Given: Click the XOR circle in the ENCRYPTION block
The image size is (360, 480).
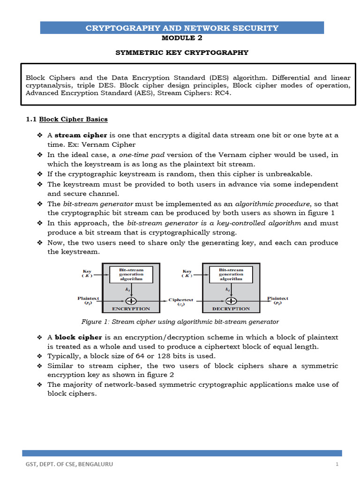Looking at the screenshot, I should (x=132, y=300).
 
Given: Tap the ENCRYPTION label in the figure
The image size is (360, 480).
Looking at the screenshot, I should (x=131, y=309).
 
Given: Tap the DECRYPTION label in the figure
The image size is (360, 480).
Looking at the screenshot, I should (x=231, y=309).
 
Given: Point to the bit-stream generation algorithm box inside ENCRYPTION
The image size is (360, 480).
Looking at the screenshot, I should (x=131, y=274).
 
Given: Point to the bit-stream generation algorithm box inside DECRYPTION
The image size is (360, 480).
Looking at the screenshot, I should (x=231, y=274).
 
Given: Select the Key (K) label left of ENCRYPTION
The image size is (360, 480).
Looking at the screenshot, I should (x=87, y=273).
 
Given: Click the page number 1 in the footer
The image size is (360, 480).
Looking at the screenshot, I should (x=337, y=464).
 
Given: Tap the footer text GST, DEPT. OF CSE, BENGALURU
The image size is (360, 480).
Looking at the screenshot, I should (x=69, y=464).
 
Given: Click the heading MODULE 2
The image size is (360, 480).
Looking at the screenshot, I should (x=182, y=38).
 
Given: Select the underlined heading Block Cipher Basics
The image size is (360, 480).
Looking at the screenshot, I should (x=73, y=119).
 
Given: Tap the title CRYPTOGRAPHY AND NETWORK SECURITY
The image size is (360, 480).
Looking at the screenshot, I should (x=182, y=28).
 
